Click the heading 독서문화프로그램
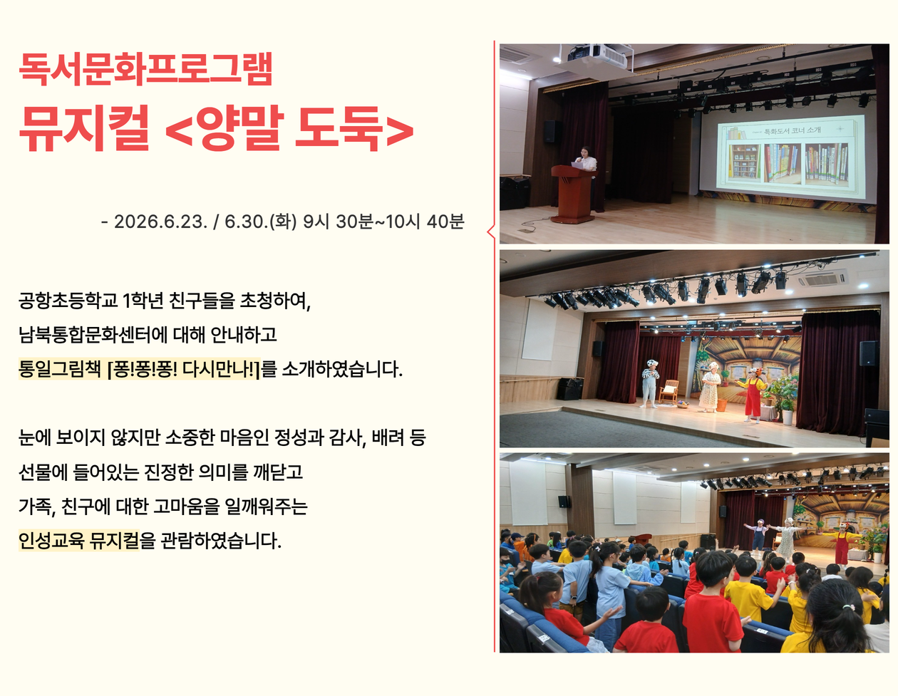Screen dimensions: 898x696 145,68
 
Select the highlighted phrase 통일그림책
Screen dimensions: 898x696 59,369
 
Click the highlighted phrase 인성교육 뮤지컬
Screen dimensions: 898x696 79,540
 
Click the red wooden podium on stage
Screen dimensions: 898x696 573,193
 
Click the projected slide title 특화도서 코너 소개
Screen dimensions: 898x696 793,130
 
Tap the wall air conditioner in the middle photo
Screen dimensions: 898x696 822,279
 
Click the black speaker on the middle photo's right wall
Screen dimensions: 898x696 869,353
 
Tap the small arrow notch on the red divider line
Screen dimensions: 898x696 490,232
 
